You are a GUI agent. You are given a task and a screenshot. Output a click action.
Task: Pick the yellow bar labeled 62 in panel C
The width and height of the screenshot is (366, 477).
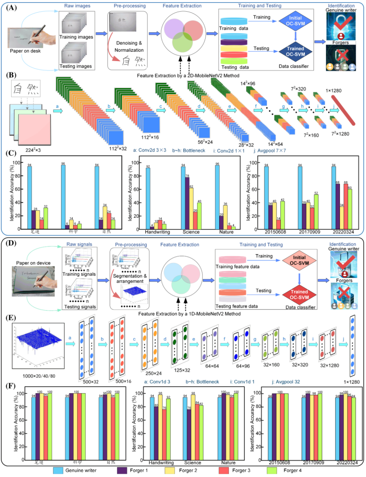tap(192, 208)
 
